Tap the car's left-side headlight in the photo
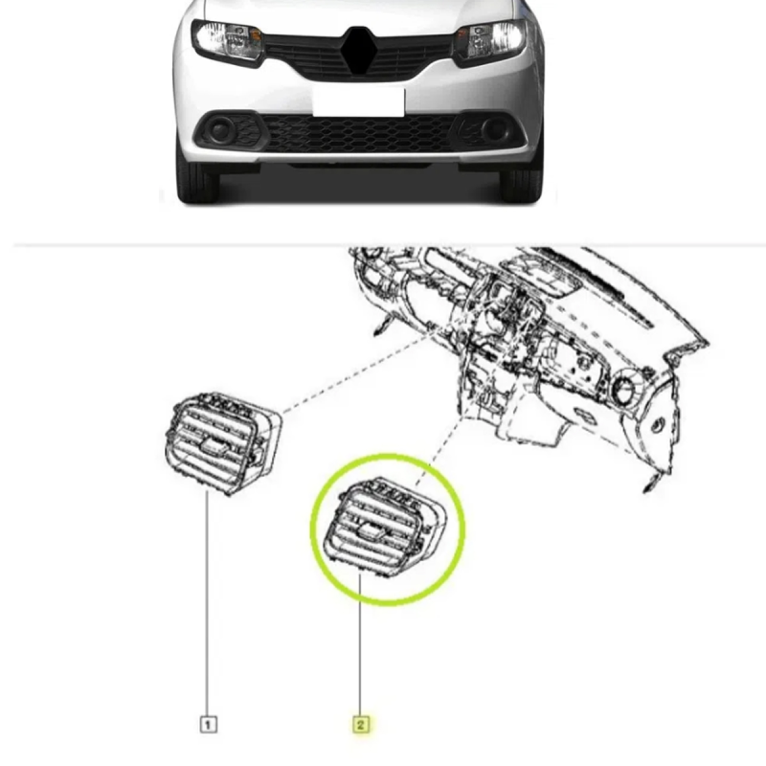coord(228,40)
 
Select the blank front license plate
coord(358,101)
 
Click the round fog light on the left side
coord(220,129)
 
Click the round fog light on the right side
coord(495,128)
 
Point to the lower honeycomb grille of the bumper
coord(359,133)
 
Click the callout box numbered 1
coord(209,724)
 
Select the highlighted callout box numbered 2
coord(361,724)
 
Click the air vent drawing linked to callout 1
coord(223,443)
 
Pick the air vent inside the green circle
coord(386,524)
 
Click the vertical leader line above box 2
coord(360,644)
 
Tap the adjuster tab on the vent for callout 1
coord(214,444)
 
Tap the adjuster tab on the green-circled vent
coord(372,529)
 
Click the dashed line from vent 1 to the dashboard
coord(356,373)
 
